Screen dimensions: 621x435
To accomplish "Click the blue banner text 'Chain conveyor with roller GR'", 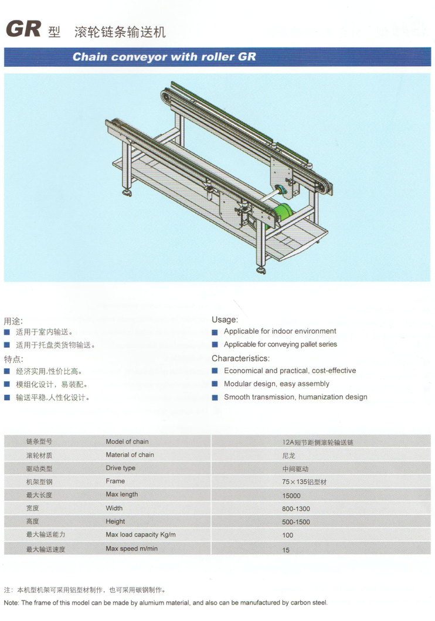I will (x=164, y=57).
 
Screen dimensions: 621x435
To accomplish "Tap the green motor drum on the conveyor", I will (x=283, y=214).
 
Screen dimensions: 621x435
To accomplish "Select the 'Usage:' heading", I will (x=225, y=320).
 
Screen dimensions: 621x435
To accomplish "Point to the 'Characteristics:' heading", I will (x=240, y=358).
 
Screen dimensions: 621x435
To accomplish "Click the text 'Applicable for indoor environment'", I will (x=280, y=331).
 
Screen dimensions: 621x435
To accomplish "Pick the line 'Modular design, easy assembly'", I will (x=276, y=384).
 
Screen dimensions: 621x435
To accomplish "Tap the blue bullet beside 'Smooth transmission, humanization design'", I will (x=215, y=397).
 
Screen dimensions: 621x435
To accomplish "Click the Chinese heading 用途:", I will (x=13, y=321).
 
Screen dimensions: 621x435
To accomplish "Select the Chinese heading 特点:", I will (x=13, y=359).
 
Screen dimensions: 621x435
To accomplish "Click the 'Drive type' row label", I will (x=120, y=468).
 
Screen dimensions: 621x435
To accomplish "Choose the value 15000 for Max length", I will (x=291, y=496).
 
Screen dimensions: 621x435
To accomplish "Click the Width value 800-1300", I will (x=295, y=509).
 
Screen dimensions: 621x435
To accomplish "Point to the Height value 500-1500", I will (x=295, y=522).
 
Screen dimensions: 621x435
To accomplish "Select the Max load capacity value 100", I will (x=287, y=535).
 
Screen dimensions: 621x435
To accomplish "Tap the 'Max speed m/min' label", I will (x=131, y=548).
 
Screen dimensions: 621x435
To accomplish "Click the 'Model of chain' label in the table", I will (x=127, y=442).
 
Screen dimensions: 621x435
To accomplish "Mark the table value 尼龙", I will (x=288, y=456).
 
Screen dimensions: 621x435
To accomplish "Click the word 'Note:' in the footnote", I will (x=11, y=603).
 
